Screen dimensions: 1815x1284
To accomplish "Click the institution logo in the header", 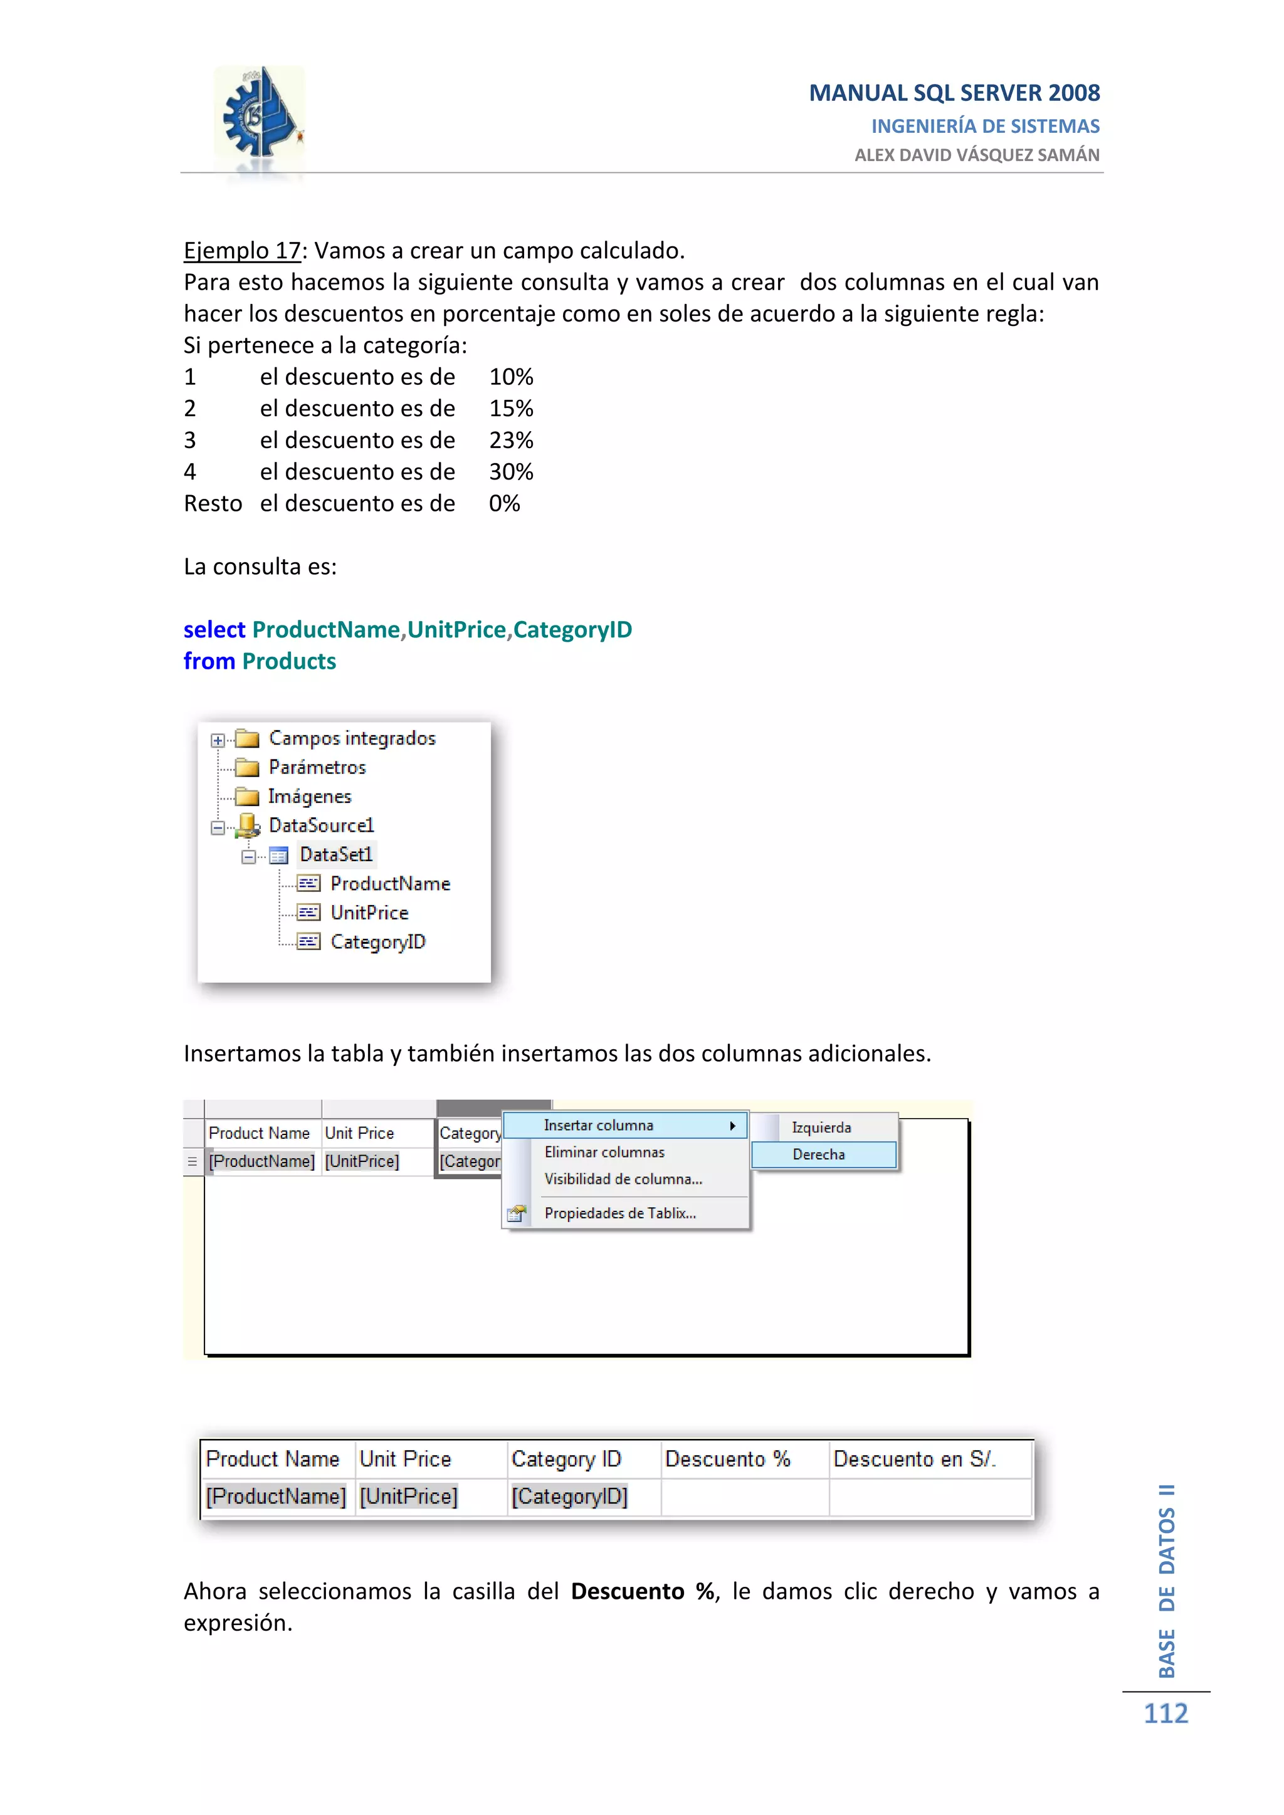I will pyautogui.click(x=260, y=118).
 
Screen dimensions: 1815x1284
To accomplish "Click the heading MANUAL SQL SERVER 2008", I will pyautogui.click(x=954, y=93).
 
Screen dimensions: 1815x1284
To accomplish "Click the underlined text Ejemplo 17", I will pyautogui.click(x=242, y=251).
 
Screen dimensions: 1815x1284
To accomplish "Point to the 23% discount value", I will pyautogui.click(x=511, y=441).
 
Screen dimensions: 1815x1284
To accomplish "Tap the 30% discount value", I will pyautogui.click(x=511, y=472).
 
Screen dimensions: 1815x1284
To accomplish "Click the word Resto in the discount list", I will pyautogui.click(x=213, y=503).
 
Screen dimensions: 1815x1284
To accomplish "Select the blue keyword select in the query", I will pyautogui.click(x=214, y=630).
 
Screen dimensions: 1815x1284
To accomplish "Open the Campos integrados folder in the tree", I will pyautogui.click(x=351, y=738).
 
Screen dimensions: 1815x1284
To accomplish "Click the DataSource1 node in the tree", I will pyautogui.click(x=320, y=825).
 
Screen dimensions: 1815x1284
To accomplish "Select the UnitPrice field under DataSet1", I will pyautogui.click(x=369, y=913).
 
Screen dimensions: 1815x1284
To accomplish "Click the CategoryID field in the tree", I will pyautogui.click(x=377, y=942).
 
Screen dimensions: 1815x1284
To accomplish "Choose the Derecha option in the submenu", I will pyautogui.click(x=818, y=1155).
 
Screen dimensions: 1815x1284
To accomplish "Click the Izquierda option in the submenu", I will pyautogui.click(x=821, y=1128).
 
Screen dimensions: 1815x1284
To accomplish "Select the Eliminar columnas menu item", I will pyautogui.click(x=604, y=1153).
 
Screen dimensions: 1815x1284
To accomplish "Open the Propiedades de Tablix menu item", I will pyautogui.click(x=620, y=1213).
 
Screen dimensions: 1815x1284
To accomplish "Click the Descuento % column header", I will pyautogui.click(x=727, y=1459).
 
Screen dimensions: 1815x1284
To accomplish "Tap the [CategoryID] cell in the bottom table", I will pyautogui.click(x=569, y=1497).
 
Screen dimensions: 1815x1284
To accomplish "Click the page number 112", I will pyautogui.click(x=1166, y=1714).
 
